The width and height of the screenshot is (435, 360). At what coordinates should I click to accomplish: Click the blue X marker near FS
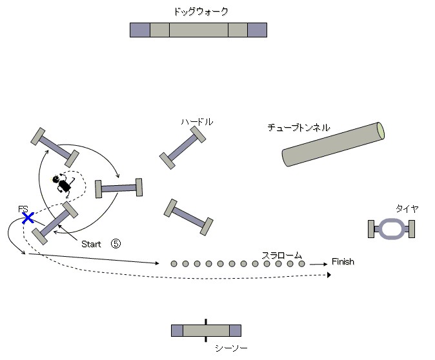[x=28, y=218]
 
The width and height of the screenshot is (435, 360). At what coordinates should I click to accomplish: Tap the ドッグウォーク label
[x=201, y=12]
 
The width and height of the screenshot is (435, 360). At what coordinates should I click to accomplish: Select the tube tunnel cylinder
[x=333, y=145]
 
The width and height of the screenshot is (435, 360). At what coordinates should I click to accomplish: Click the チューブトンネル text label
[x=299, y=127]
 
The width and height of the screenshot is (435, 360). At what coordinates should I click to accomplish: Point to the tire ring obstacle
[x=392, y=229]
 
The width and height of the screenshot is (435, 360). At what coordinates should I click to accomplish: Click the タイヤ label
[x=407, y=208]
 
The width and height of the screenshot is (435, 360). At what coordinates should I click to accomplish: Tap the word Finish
[x=343, y=261]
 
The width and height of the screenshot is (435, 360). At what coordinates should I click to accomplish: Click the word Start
[x=91, y=244]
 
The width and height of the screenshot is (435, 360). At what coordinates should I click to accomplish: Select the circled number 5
[x=116, y=243]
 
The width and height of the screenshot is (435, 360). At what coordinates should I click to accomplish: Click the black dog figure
[x=63, y=184]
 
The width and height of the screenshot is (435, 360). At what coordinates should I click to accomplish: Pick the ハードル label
[x=197, y=122]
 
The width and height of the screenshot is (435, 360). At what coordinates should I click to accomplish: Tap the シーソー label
[x=231, y=348]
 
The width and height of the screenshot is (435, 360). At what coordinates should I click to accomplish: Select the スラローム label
[x=281, y=255]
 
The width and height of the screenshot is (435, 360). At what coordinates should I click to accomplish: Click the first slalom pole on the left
[x=174, y=264]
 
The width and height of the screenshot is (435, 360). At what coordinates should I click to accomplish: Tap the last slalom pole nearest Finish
[x=301, y=264]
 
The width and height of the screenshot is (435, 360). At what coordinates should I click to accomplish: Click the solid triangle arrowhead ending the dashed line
[x=329, y=275]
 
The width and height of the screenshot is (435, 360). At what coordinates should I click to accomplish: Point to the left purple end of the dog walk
[x=140, y=30]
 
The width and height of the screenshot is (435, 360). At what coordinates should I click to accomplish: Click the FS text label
[x=23, y=209]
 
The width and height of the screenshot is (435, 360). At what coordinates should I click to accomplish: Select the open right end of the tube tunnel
[x=381, y=130]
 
